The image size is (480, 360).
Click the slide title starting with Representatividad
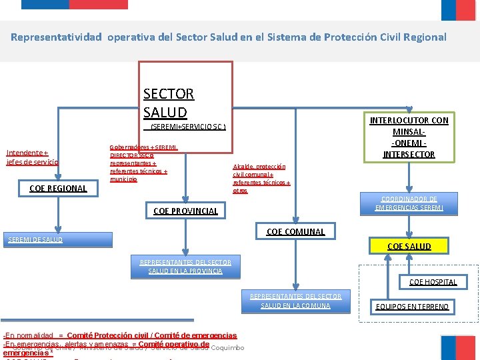tap(229, 37)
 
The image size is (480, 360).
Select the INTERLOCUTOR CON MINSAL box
tap(409, 137)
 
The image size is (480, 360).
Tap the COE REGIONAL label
tap(59, 189)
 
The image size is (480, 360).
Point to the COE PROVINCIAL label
tap(185, 211)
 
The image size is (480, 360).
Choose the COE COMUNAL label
tap(295, 232)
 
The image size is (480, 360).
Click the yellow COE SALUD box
tap(409, 246)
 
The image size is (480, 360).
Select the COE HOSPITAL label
tap(433, 282)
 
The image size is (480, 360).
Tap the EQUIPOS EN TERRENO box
tap(412, 307)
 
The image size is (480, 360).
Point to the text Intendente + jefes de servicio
tap(33, 157)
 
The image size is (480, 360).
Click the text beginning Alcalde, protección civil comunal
tap(261, 179)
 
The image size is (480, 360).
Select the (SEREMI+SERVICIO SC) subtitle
tap(188, 127)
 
